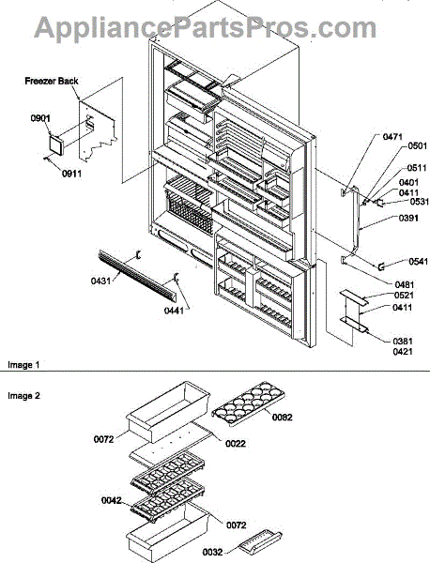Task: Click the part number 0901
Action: pyautogui.click(x=40, y=118)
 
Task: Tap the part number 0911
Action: pyautogui.click(x=71, y=174)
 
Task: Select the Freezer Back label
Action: pyautogui.click(x=52, y=81)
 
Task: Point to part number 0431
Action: pyautogui.click(x=100, y=281)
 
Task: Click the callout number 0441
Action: pyautogui.click(x=175, y=310)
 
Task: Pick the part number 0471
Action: pyautogui.click(x=392, y=137)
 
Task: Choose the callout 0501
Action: pyautogui.click(x=418, y=145)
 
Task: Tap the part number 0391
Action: pyautogui.click(x=408, y=218)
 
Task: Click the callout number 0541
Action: pyautogui.click(x=419, y=262)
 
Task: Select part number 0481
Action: pyautogui.click(x=405, y=285)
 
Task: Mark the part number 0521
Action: pyautogui.click(x=403, y=296)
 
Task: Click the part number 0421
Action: pyautogui.click(x=403, y=352)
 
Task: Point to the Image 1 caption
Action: pyautogui.click(x=23, y=365)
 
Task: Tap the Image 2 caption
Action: pyautogui.click(x=23, y=396)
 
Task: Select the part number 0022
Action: pyautogui.click(x=236, y=444)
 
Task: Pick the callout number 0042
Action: pyautogui.click(x=112, y=500)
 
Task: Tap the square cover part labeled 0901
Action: pyautogui.click(x=55, y=145)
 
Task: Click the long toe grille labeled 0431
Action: pyautogui.click(x=137, y=275)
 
